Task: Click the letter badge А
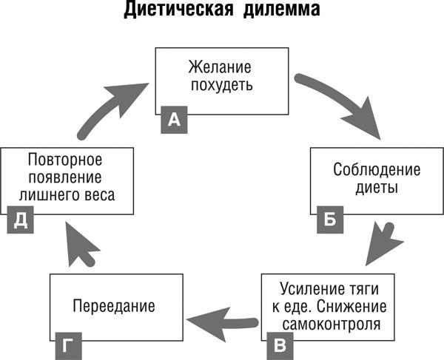tap(173, 120)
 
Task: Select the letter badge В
tap(279, 345)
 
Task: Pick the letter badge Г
tap(65, 345)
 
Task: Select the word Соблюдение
tap(377, 170)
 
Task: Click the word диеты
tap(377, 187)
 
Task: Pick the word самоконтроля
tap(327, 324)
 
